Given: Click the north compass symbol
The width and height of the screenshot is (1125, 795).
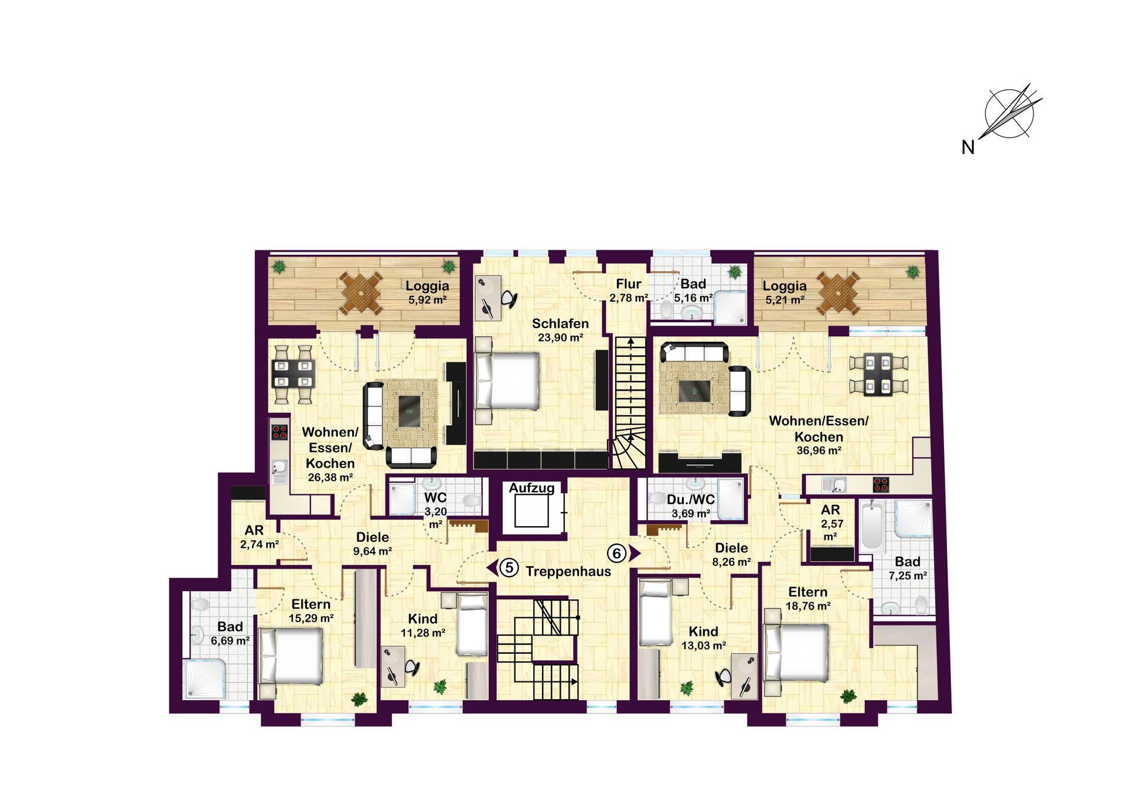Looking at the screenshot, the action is click(1010, 114).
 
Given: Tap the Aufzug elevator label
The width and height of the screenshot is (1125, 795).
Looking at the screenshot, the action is click(531, 488).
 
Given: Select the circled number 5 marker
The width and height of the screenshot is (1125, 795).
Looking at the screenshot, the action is click(509, 568).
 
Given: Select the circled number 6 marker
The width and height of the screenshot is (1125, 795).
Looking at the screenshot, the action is click(616, 553).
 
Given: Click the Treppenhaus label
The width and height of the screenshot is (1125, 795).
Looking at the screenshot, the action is click(568, 571).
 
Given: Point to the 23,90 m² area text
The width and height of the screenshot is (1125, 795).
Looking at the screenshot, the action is click(561, 338).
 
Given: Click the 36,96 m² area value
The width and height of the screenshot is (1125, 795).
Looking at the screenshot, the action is click(819, 451).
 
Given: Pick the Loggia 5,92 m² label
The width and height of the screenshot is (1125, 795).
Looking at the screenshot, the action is click(428, 292).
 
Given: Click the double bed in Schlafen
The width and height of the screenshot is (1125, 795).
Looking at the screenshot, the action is click(507, 380).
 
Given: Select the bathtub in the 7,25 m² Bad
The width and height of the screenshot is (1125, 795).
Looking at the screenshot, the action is click(872, 527).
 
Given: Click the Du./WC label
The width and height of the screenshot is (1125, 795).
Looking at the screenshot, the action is click(691, 500).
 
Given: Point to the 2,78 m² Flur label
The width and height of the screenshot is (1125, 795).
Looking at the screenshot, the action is click(628, 291).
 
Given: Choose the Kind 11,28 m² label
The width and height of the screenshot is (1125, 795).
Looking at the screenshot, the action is click(423, 626).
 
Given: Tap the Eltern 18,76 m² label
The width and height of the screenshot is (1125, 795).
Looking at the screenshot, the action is click(808, 599).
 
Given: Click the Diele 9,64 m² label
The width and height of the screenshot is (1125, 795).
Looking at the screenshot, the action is click(373, 544).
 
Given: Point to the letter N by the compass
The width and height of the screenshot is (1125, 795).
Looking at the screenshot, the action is click(968, 148).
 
